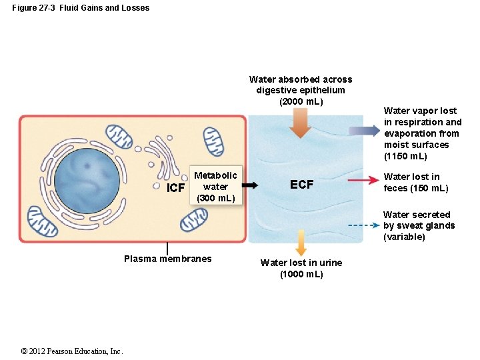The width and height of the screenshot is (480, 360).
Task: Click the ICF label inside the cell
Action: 175,187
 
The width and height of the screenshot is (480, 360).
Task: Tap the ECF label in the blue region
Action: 301,184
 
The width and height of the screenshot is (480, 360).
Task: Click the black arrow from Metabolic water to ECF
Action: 250,185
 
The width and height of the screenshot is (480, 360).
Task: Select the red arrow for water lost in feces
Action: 363,180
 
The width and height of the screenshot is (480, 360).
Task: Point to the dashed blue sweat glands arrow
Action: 364,225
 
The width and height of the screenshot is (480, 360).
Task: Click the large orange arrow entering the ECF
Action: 300,123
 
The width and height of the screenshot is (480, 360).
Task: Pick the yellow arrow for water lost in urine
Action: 301,243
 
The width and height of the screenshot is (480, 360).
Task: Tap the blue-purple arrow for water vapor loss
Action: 364,131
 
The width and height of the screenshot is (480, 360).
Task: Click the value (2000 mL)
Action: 301,101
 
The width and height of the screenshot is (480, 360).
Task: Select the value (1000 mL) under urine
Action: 301,274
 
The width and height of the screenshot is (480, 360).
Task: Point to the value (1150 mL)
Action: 405,156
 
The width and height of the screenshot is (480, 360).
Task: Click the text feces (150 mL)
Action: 416,188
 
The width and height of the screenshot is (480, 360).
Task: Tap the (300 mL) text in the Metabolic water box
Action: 216,198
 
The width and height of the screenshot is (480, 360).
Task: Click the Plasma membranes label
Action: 168,259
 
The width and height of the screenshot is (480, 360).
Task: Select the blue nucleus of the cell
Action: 87,181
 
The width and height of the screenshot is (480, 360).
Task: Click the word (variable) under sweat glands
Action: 404,237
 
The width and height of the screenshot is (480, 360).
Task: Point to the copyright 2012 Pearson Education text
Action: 71,351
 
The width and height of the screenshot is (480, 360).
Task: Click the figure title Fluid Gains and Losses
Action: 105,7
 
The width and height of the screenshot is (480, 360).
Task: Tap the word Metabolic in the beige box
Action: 215,175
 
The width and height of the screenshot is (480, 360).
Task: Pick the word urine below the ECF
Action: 331,263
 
